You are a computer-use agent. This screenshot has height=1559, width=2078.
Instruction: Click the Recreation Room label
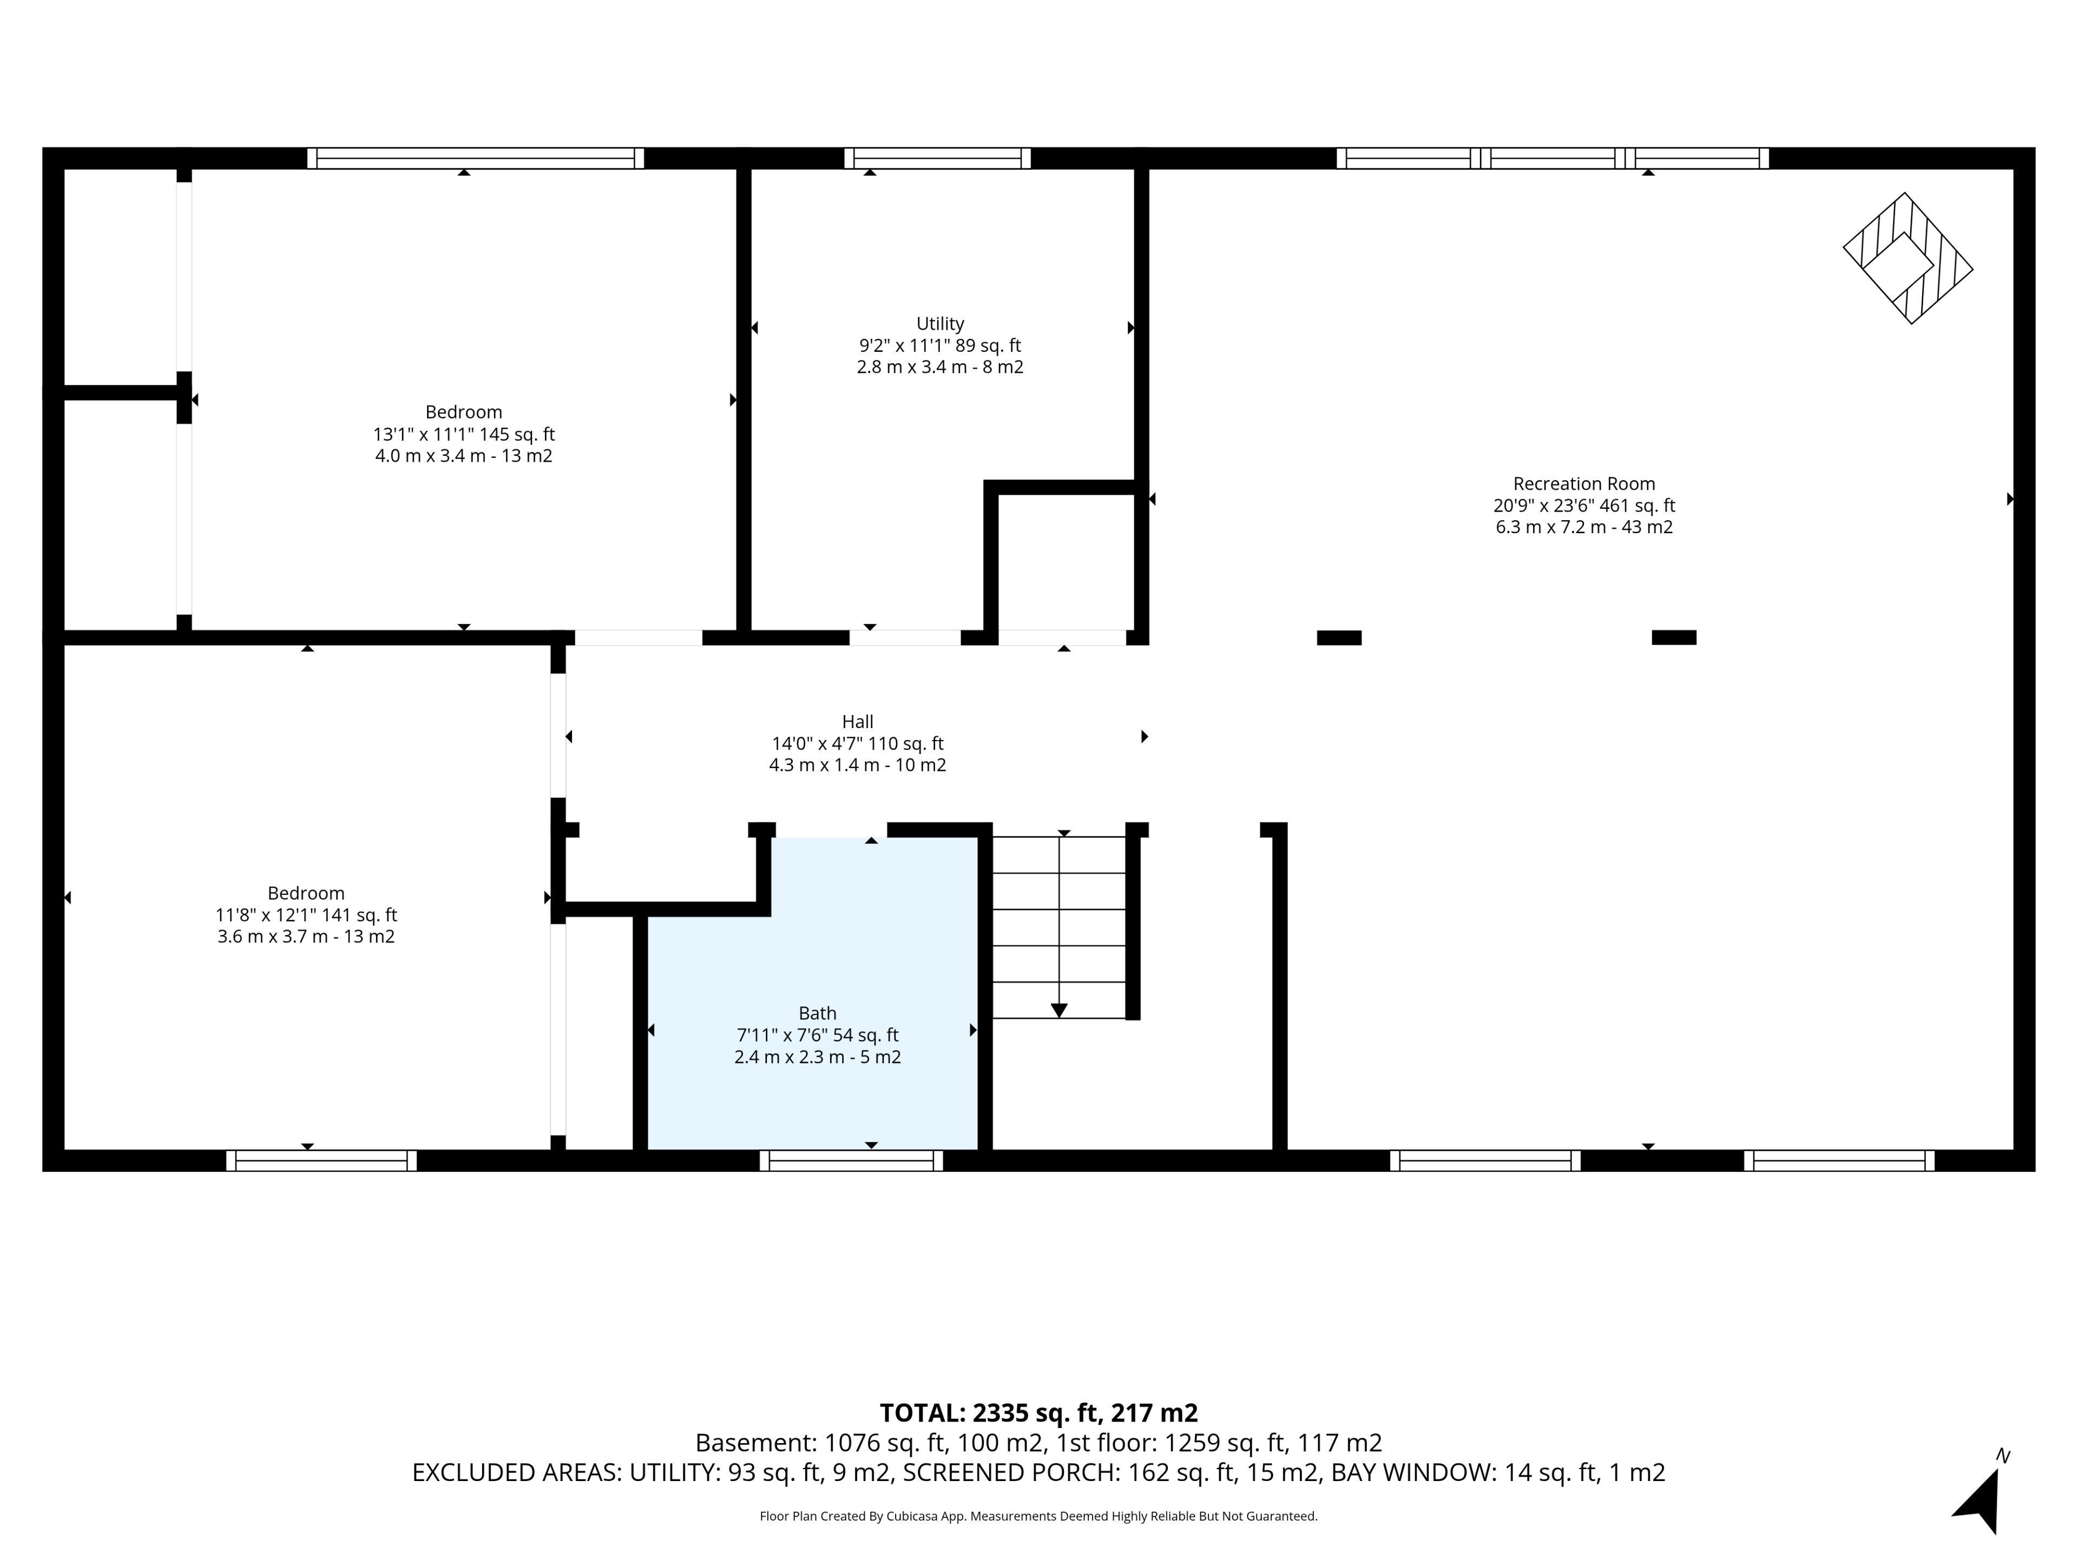[x=1584, y=484]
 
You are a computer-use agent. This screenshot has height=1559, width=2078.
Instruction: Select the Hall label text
[x=858, y=722]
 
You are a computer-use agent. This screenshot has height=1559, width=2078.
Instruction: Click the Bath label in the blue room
[x=817, y=1013]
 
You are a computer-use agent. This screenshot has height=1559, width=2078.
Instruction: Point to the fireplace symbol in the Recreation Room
[x=1908, y=258]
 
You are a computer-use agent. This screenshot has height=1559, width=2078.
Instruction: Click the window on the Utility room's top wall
[x=938, y=158]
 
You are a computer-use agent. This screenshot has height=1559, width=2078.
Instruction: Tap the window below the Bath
[x=851, y=1161]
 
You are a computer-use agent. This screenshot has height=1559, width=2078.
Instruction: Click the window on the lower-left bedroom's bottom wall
[x=321, y=1161]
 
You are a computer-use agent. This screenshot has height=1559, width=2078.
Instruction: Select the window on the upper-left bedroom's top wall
[x=475, y=158]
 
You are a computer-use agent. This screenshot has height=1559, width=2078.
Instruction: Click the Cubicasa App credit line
[x=1038, y=1516]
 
